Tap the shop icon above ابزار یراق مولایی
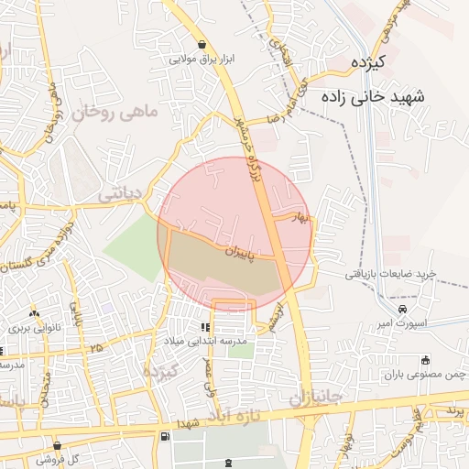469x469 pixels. tap(202, 44)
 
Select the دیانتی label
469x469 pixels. tap(119, 193)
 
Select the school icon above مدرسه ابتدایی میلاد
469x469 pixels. tap(205, 327)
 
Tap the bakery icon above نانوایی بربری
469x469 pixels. tap(35, 312)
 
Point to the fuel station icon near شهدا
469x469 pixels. tap(164, 437)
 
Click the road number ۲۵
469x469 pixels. tap(97, 348)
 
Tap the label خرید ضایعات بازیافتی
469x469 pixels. tap(388, 274)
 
